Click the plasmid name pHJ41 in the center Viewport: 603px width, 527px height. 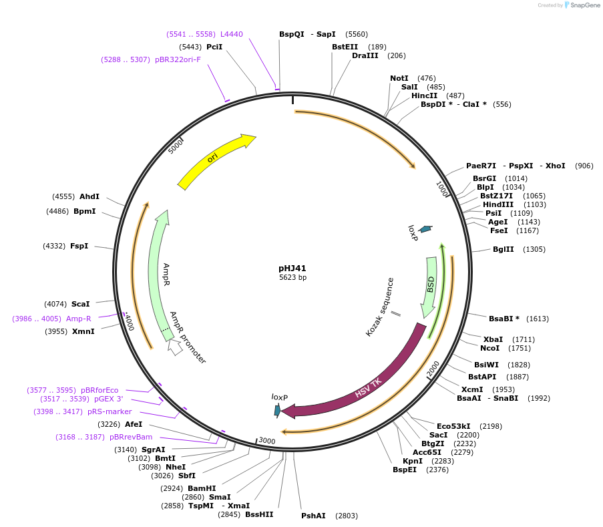click(292, 268)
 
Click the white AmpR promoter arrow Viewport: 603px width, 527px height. click(175, 347)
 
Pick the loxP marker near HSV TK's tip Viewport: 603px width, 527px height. click(278, 410)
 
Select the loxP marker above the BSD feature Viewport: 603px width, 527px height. click(425, 229)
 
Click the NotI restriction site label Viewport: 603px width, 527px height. click(399, 78)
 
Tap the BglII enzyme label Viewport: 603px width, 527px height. click(504, 249)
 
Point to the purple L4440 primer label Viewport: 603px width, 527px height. click(232, 34)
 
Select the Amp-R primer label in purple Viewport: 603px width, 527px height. click(79, 319)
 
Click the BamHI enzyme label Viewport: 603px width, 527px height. click(202, 488)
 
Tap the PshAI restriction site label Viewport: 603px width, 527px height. click(313, 516)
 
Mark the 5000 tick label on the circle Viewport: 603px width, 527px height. click(176, 146)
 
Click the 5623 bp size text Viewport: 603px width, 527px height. click(292, 277)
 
